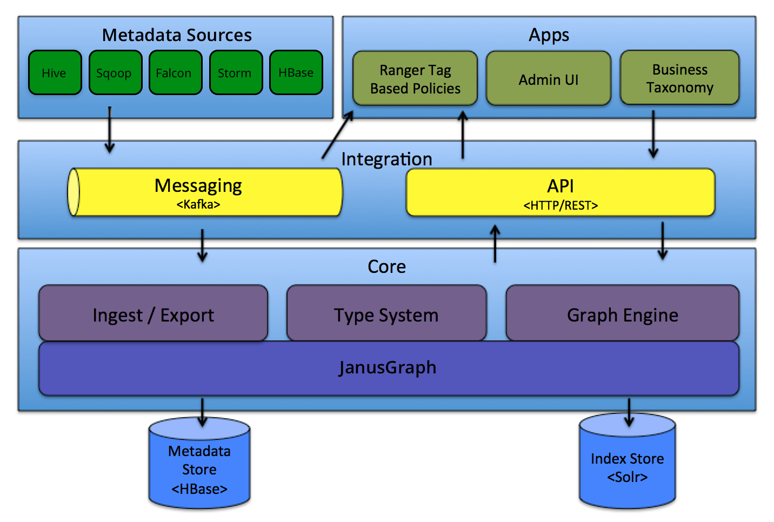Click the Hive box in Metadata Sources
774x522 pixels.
pos(55,73)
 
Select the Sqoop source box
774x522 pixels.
pos(115,73)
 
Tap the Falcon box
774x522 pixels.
pos(175,73)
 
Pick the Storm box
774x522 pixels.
pos(236,73)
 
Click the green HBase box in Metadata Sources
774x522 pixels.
pos(296,73)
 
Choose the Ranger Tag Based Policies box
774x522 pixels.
pos(415,79)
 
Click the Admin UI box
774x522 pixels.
pos(548,79)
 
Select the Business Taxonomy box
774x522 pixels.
pos(679,78)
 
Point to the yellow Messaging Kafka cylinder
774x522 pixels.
pos(205,192)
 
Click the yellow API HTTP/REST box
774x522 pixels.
pos(560,193)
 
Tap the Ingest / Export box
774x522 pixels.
pos(153,314)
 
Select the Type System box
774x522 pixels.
pos(386,314)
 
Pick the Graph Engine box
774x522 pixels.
pos(622,314)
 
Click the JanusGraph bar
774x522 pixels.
pos(388,368)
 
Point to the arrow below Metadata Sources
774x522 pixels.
pos(110,130)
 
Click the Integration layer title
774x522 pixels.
pos(386,159)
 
